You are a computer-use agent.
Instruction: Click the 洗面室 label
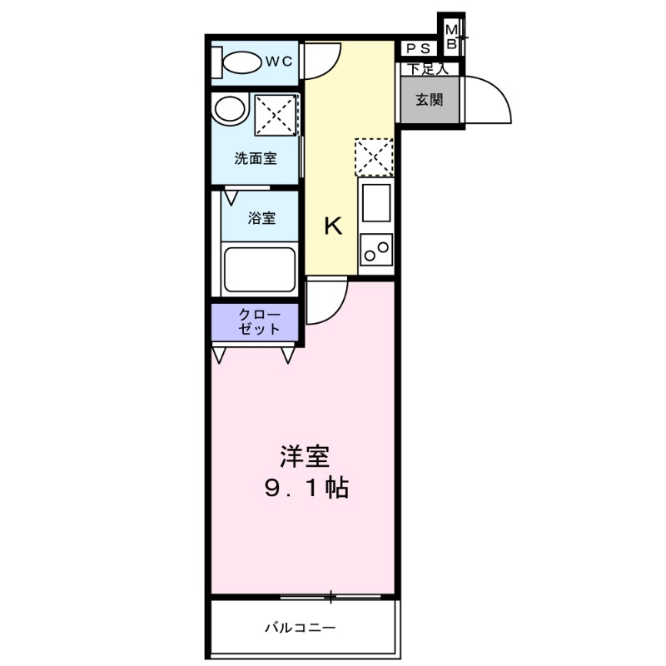pyautogui.click(x=255, y=158)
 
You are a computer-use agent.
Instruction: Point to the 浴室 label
pyautogui.click(x=262, y=218)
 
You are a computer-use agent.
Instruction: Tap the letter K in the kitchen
pyautogui.click(x=333, y=226)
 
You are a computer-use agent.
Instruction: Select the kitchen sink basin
pyautogui.click(x=375, y=203)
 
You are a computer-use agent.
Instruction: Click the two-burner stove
pyautogui.click(x=375, y=249)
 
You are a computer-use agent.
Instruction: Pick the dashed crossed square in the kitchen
pyautogui.click(x=373, y=157)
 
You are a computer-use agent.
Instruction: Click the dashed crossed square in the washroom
pyautogui.click(x=275, y=113)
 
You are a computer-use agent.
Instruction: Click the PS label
pyautogui.click(x=418, y=48)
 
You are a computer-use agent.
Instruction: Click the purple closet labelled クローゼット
pyautogui.click(x=256, y=322)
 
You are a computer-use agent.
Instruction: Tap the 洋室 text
pyautogui.click(x=304, y=456)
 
